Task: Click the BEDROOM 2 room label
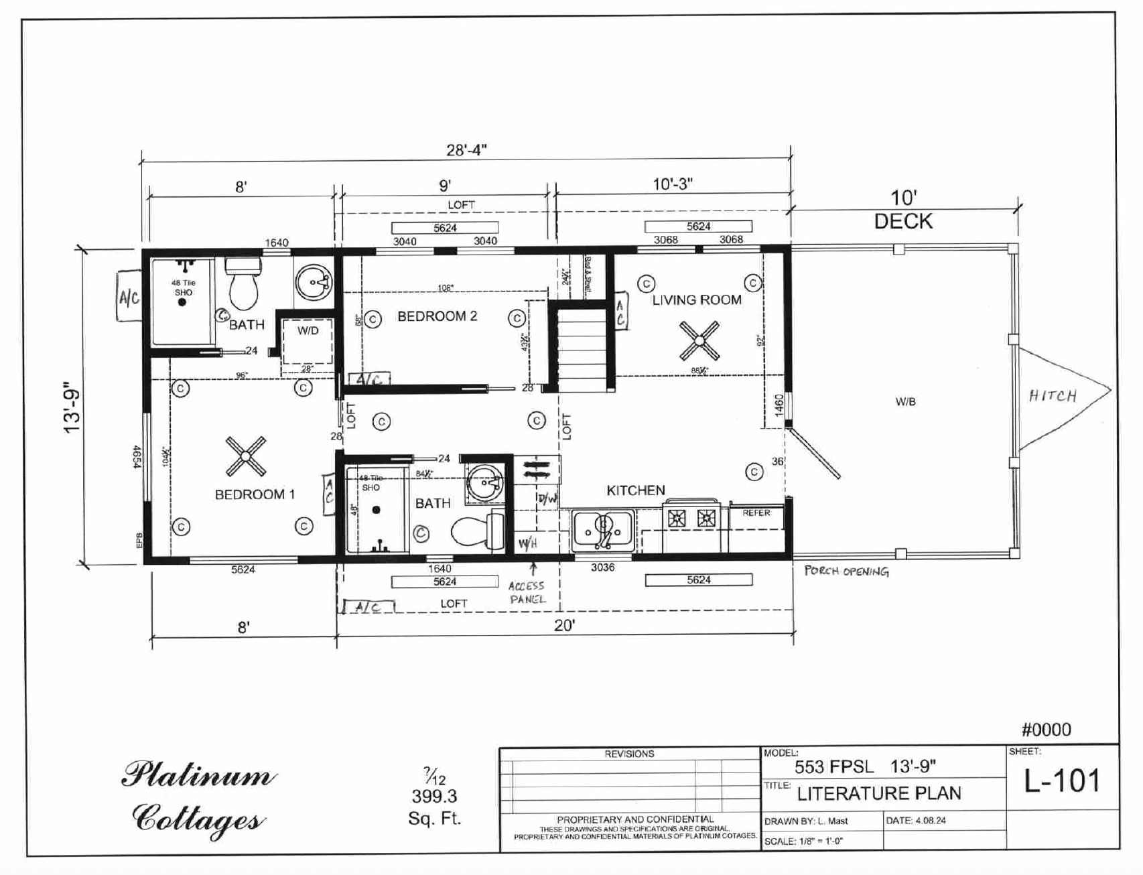click(437, 316)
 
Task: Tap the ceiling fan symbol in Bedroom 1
click(245, 456)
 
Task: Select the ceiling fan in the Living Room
click(699, 341)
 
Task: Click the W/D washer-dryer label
click(308, 331)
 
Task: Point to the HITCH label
click(1053, 396)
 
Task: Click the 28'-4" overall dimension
click(466, 150)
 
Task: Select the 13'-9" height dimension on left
click(72, 411)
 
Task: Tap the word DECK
click(902, 222)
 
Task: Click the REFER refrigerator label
click(756, 513)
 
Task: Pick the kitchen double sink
click(603, 531)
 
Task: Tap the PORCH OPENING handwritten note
click(847, 571)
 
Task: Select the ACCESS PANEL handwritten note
click(527, 592)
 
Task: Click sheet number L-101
click(1062, 781)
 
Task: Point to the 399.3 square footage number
click(434, 797)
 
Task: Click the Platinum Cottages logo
click(198, 797)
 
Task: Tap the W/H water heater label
click(527, 543)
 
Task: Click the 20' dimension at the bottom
click(564, 626)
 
